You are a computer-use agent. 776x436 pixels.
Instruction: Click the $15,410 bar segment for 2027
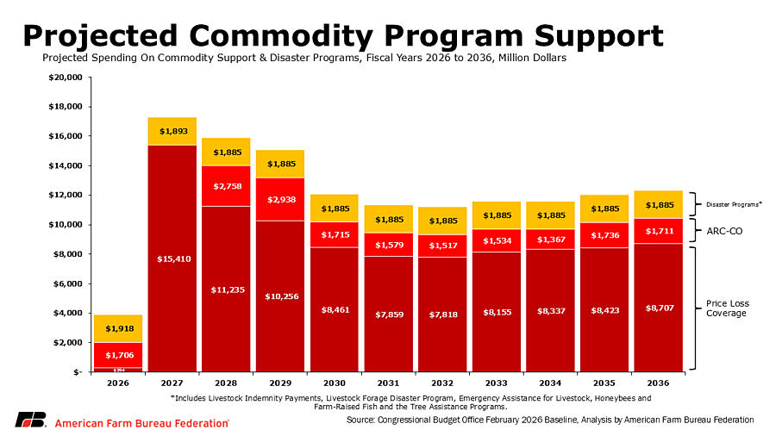coord(172,258)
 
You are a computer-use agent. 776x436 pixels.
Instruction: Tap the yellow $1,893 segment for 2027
coord(172,131)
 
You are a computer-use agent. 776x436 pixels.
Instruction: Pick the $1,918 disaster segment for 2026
coord(119,328)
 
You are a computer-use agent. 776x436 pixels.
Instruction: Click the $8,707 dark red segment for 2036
coord(659,307)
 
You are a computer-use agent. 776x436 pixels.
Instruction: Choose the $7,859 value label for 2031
coord(388,314)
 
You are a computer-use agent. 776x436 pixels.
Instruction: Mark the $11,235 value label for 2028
coord(227,290)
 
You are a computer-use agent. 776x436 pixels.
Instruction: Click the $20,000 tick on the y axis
coord(66,78)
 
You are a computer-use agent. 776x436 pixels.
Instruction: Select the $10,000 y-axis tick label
coord(66,225)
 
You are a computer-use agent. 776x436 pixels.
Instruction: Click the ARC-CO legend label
coord(724,232)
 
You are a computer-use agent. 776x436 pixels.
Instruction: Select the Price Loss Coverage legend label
coord(726,308)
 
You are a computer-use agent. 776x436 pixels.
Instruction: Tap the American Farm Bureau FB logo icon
coord(30,420)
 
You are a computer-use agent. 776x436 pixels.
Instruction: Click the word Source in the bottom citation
coord(360,420)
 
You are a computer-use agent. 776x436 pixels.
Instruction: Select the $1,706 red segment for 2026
coord(119,355)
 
